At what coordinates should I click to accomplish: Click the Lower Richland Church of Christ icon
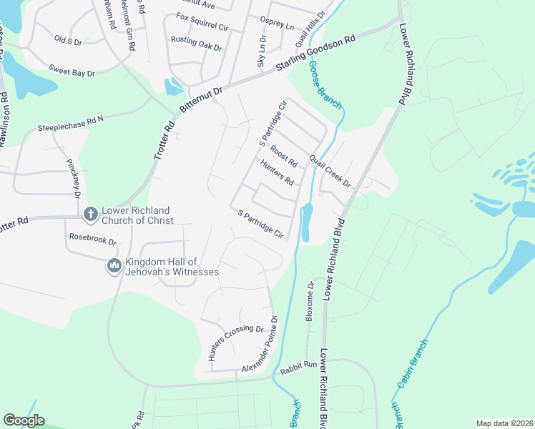coord(90,214)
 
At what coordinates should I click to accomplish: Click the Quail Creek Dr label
coord(330,172)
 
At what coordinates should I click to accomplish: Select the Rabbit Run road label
coord(298,365)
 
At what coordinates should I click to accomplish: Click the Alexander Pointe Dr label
coord(258,345)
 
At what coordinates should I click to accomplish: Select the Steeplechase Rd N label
coord(71,124)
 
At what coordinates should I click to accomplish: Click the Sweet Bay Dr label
coord(72,69)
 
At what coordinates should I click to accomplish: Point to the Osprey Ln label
coord(280,26)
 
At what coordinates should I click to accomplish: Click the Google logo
coord(24,420)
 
